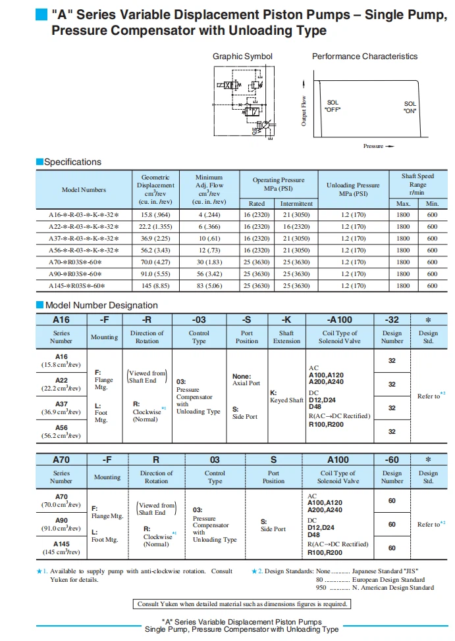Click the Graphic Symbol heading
242,57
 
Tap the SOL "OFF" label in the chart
333,106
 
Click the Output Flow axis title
304,111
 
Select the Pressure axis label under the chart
374,146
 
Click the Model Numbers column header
84,189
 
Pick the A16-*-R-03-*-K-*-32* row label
84,215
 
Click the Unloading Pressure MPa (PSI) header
353,189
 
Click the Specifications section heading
72,162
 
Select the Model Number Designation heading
101,305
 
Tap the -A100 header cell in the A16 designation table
339,320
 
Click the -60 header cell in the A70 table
392,460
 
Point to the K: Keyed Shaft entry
286,396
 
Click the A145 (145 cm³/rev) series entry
61,548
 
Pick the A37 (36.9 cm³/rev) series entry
61,408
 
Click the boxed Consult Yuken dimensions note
242,604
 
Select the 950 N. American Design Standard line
370,588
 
